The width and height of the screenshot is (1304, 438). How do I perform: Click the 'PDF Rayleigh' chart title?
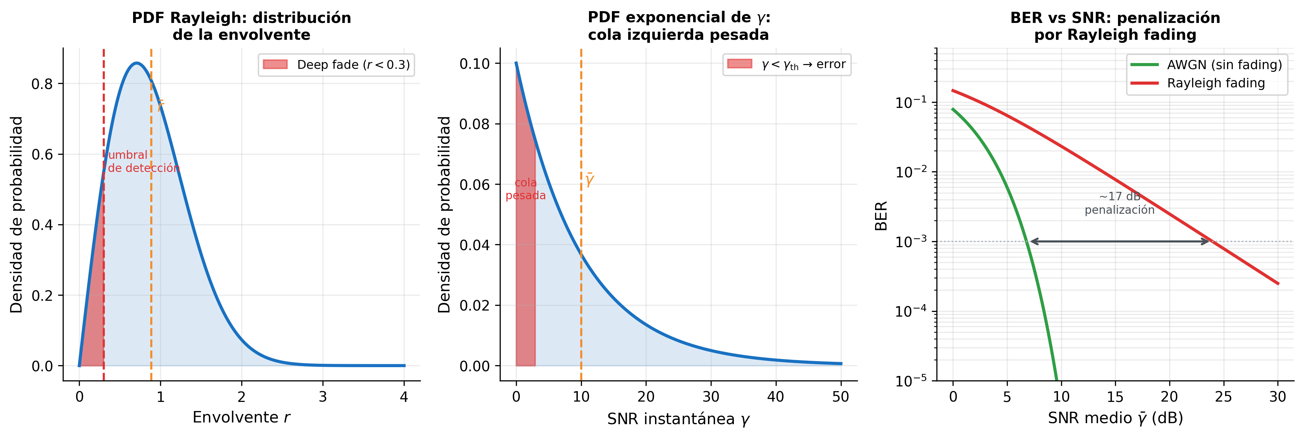coord(242,26)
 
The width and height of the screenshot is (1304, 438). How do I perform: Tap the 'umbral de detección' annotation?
coord(143,162)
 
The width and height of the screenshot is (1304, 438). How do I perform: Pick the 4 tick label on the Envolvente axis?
coord(403,397)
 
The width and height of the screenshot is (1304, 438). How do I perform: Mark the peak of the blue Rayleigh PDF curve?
coord(136,63)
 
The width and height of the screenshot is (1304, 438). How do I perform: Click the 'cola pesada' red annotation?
coord(525,189)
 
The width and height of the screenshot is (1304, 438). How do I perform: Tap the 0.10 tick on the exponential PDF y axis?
coord(474,64)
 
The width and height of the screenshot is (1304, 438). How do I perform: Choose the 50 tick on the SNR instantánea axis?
coord(840,397)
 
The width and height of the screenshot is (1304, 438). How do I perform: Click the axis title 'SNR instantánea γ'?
coord(678,419)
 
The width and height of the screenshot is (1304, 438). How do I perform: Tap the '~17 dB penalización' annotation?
coord(1119,203)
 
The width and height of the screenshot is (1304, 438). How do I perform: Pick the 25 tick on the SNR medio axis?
coord(1223,397)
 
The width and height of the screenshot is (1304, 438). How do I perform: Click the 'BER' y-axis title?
coord(881,216)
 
